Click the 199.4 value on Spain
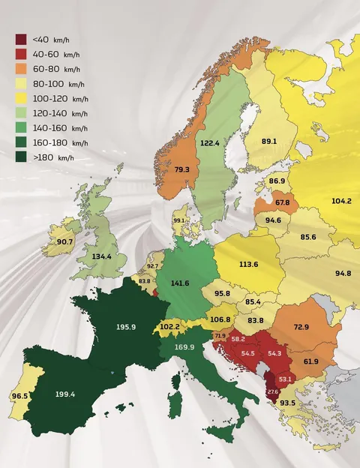(x=64, y=393)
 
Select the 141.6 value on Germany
(x=180, y=283)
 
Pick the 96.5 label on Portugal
(x=19, y=395)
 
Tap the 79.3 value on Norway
(x=181, y=169)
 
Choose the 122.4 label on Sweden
(x=209, y=142)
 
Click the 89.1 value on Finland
(x=269, y=141)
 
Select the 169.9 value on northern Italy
(x=184, y=347)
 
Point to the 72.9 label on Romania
(x=301, y=328)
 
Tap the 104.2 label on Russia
(x=340, y=201)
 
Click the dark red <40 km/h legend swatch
(x=21, y=39)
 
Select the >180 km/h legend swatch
(x=21, y=157)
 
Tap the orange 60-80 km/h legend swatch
(x=21, y=68)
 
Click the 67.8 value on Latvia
(x=282, y=202)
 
